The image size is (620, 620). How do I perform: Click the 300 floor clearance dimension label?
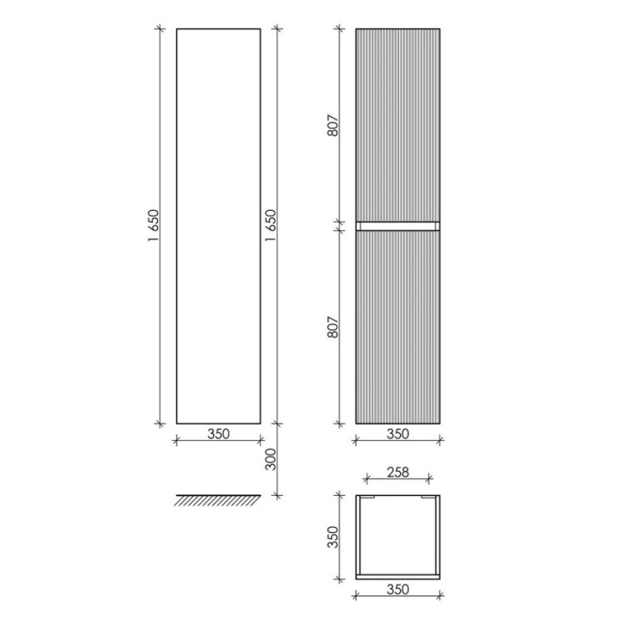(x=270, y=459)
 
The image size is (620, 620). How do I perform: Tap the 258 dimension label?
(x=398, y=472)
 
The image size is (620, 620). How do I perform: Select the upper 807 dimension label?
(x=333, y=126)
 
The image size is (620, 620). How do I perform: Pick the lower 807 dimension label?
(x=333, y=327)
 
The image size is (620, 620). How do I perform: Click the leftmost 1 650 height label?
(x=153, y=226)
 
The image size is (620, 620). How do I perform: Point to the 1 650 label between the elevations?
(x=270, y=226)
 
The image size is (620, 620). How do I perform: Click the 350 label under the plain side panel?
(x=219, y=434)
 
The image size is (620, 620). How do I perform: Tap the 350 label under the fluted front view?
(x=398, y=434)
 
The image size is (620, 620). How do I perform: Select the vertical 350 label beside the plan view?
(x=333, y=536)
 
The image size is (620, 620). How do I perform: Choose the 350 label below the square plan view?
(x=398, y=589)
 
